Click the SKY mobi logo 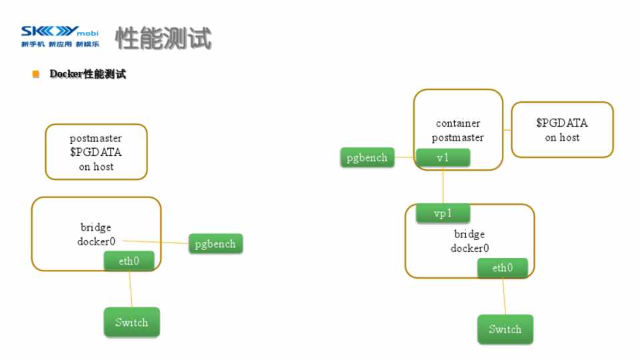[x=60, y=37]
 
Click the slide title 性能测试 [x=164, y=39]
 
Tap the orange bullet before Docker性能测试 [x=36, y=74]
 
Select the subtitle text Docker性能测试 [x=87, y=74]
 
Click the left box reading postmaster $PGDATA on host [x=96, y=151]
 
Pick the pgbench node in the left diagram [x=215, y=243]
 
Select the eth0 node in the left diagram [x=129, y=261]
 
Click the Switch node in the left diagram [x=131, y=322]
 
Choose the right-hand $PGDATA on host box [x=561, y=129]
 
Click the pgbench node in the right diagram [x=367, y=158]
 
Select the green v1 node [x=443, y=157]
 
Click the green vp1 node [x=443, y=213]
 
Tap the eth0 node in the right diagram [x=503, y=268]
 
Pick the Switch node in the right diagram [x=505, y=329]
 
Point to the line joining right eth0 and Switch [x=504, y=296]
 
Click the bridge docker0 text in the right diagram [x=469, y=241]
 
